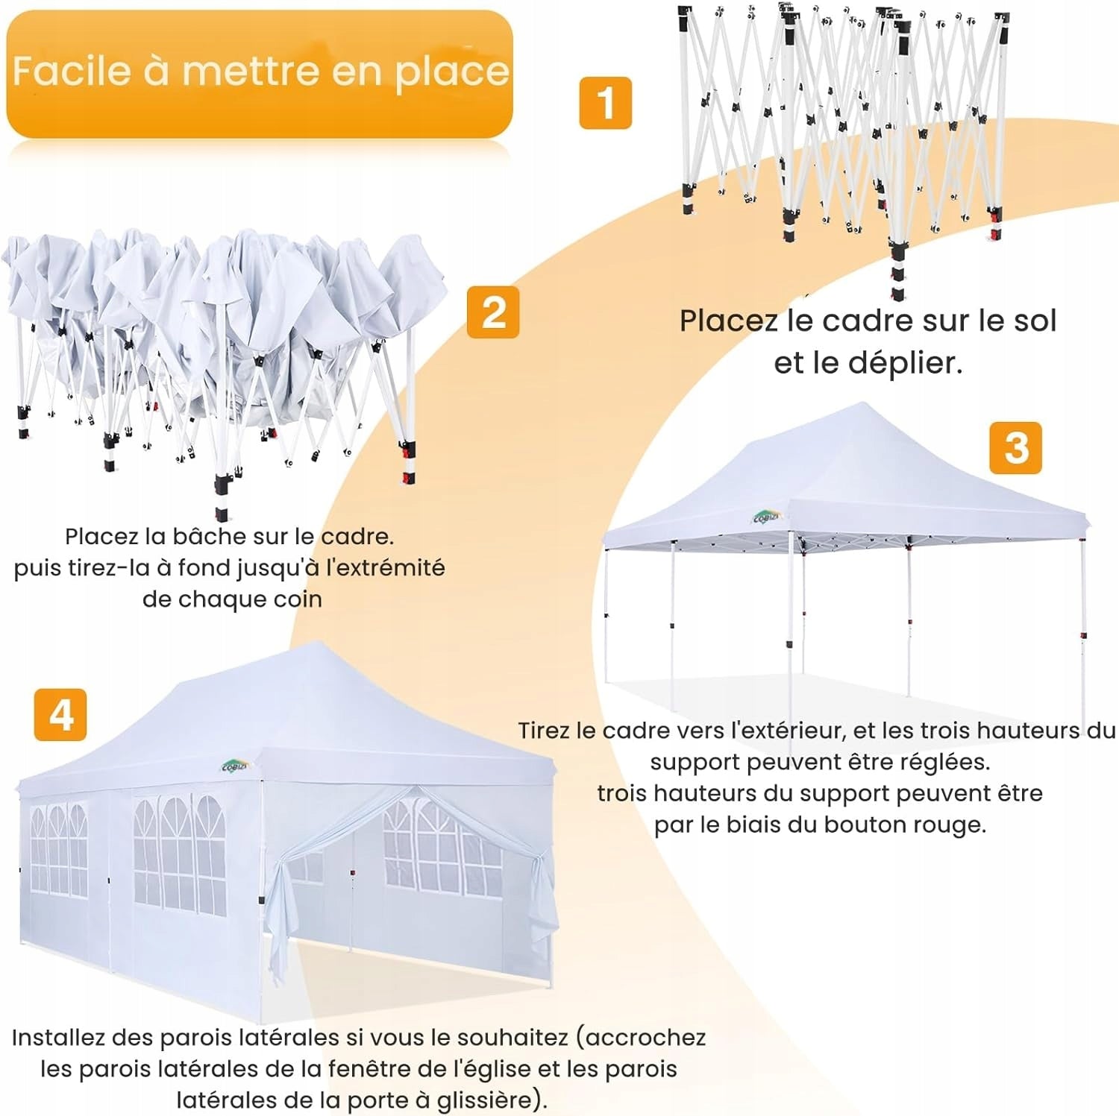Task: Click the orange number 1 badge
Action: coord(605,103)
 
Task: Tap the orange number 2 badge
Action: coord(493,312)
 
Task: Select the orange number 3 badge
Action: coord(1015,448)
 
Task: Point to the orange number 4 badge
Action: coord(60,715)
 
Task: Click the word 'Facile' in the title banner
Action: coord(72,72)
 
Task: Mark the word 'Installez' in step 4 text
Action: coord(59,1038)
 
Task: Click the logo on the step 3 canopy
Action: coord(766,517)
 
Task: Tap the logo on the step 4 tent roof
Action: coord(236,766)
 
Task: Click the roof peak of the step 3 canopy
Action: coord(864,403)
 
